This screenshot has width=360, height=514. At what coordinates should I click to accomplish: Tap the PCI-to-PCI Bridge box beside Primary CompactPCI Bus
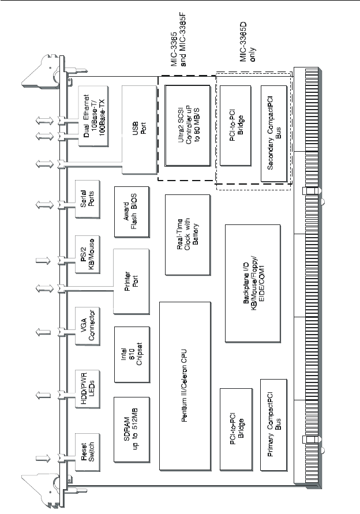point(237,425)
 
